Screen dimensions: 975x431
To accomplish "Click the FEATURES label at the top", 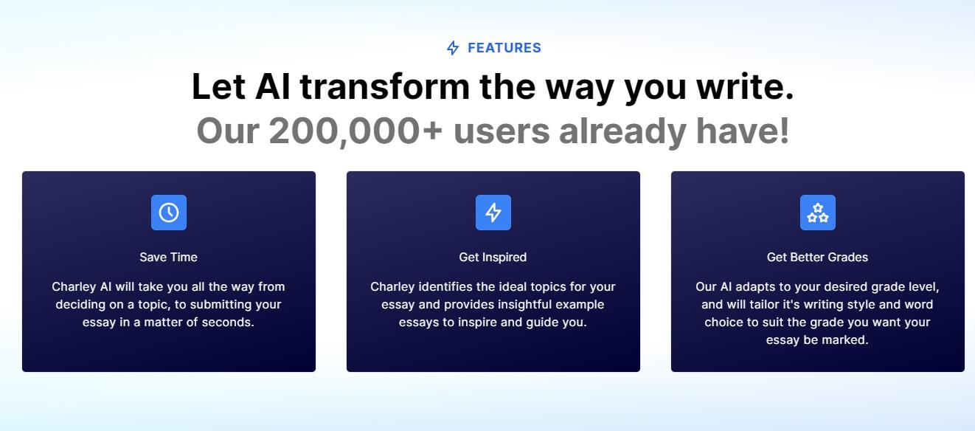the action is (504, 48).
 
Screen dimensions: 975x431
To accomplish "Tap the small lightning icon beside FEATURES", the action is (453, 48).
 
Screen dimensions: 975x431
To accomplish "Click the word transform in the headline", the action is (385, 86).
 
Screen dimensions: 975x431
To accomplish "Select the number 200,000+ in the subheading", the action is (355, 131).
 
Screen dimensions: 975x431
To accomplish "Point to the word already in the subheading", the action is (622, 132).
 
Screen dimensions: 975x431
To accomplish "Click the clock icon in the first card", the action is (169, 213).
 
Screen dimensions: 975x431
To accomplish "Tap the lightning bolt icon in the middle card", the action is (493, 213).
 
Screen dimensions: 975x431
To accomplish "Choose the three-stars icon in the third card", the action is (817, 213).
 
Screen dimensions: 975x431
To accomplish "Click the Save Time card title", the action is (168, 258).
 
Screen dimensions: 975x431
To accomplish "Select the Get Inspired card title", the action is (493, 258).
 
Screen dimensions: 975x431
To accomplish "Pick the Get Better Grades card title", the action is (817, 258).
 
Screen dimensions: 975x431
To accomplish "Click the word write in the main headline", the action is (745, 86).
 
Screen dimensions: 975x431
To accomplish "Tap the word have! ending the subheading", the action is (743, 130).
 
